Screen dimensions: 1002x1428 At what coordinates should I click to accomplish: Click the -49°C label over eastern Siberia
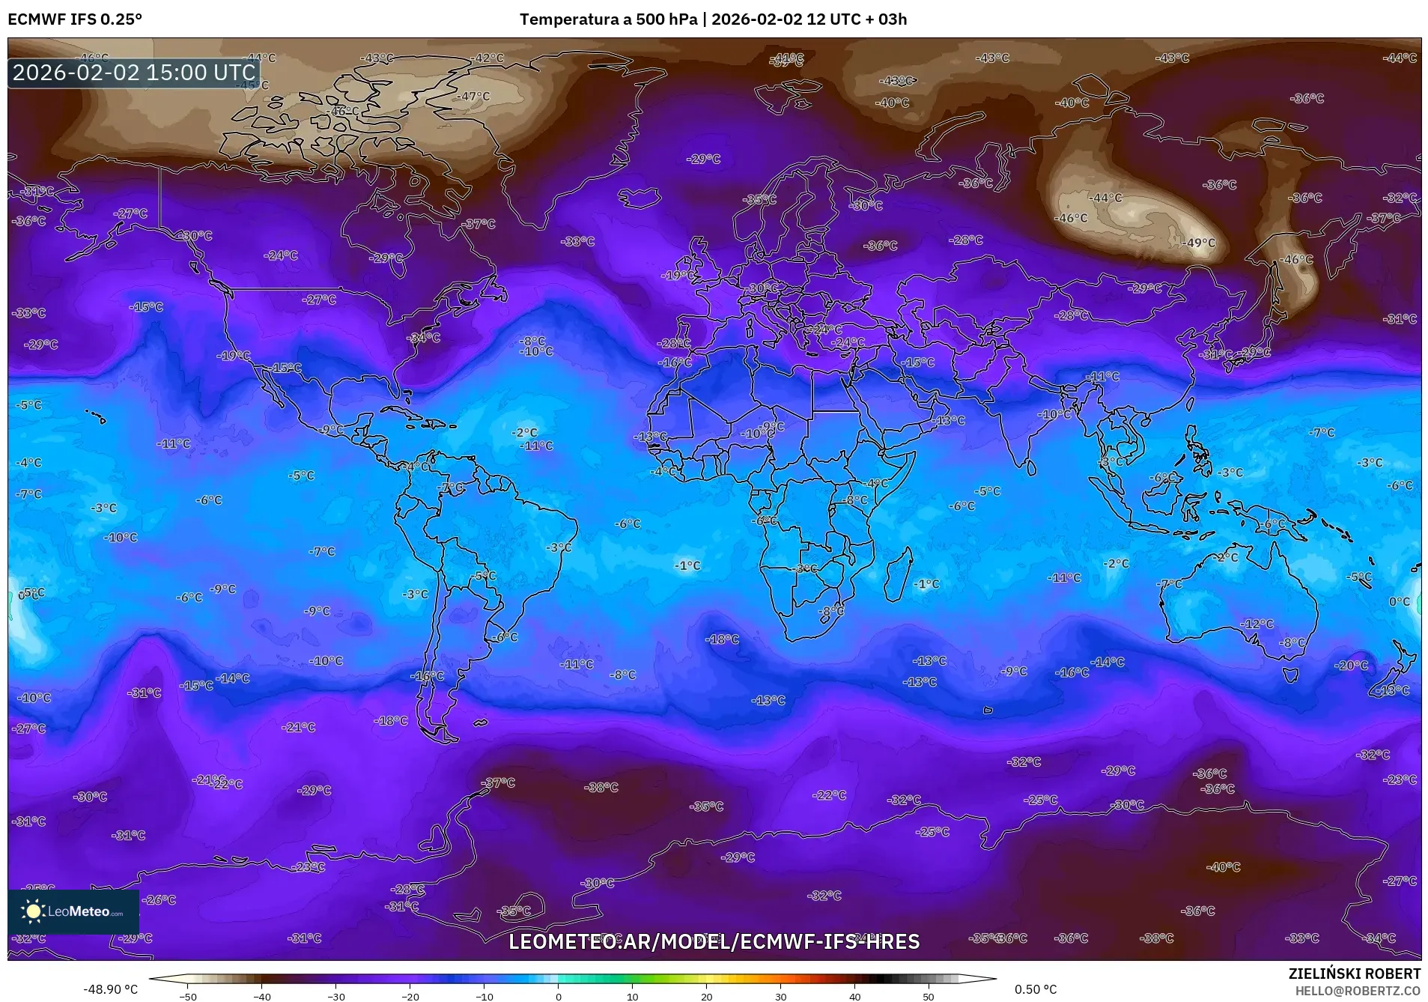[x=1199, y=243]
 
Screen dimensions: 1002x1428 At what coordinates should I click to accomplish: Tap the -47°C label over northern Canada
[x=474, y=96]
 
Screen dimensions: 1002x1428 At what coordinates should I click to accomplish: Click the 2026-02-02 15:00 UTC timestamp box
[x=134, y=73]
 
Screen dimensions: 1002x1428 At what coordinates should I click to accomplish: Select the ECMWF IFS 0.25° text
[x=75, y=19]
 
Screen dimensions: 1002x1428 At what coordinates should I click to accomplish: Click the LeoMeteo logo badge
[x=73, y=911]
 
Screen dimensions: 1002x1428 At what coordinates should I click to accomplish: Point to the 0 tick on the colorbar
[x=558, y=996]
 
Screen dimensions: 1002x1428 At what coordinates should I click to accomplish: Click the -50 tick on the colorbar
[x=189, y=996]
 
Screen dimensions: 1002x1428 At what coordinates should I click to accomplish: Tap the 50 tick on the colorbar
[x=929, y=996]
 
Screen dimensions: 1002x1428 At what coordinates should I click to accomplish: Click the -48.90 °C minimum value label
[x=110, y=989]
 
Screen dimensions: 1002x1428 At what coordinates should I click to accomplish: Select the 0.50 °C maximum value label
[x=1035, y=989]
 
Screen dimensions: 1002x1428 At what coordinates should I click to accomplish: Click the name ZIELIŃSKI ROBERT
[x=1354, y=974]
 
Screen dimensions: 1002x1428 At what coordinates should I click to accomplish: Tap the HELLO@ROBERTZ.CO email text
[x=1358, y=991]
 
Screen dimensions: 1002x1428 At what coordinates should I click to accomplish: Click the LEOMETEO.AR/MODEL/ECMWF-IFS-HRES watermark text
[x=714, y=941]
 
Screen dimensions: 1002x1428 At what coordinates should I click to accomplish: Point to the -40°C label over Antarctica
[x=1224, y=866]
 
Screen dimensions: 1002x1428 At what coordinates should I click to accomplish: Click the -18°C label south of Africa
[x=723, y=639]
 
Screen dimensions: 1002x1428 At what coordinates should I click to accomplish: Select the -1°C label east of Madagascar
[x=927, y=583]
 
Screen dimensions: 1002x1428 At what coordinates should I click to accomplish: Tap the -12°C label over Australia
[x=1257, y=623]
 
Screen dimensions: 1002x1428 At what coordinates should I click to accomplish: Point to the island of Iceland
[x=640, y=199]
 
